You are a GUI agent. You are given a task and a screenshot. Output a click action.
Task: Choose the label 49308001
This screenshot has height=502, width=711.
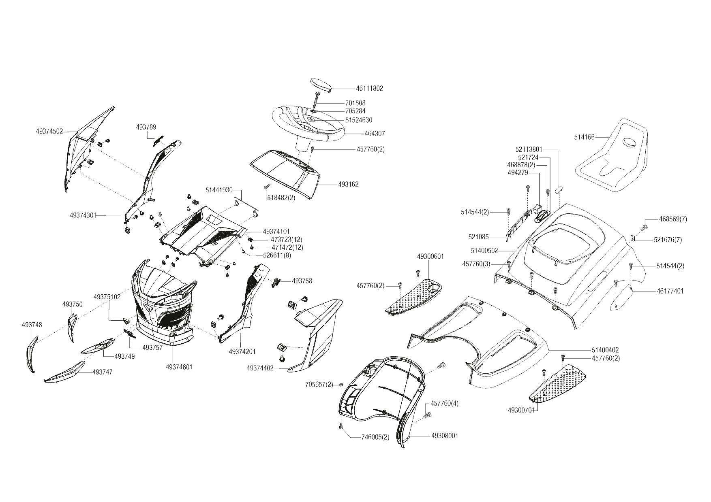pyautogui.click(x=445, y=436)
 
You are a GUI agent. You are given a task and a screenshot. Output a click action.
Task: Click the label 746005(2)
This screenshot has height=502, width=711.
pyautogui.click(x=375, y=437)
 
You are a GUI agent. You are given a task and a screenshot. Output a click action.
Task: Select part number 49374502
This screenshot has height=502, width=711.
pyautogui.click(x=49, y=131)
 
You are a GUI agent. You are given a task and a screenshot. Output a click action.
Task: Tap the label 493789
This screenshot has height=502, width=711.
pyautogui.click(x=146, y=127)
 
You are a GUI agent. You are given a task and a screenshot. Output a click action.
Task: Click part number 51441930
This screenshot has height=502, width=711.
pyautogui.click(x=219, y=189)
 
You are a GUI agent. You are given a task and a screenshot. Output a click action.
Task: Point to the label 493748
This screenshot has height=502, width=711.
pyautogui.click(x=32, y=325)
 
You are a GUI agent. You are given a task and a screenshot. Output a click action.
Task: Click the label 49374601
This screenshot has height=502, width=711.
pyautogui.click(x=179, y=367)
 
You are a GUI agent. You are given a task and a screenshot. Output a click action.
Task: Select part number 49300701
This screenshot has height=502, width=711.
pyautogui.click(x=522, y=410)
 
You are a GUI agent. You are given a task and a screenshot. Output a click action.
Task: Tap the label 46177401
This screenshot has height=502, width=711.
pyautogui.click(x=670, y=291)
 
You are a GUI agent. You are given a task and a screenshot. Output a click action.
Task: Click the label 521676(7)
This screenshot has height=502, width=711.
pyautogui.click(x=668, y=240)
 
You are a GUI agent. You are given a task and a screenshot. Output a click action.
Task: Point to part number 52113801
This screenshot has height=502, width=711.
pyautogui.click(x=529, y=149)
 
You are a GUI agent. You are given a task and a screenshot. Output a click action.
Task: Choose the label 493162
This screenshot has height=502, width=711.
pyautogui.click(x=348, y=185)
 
